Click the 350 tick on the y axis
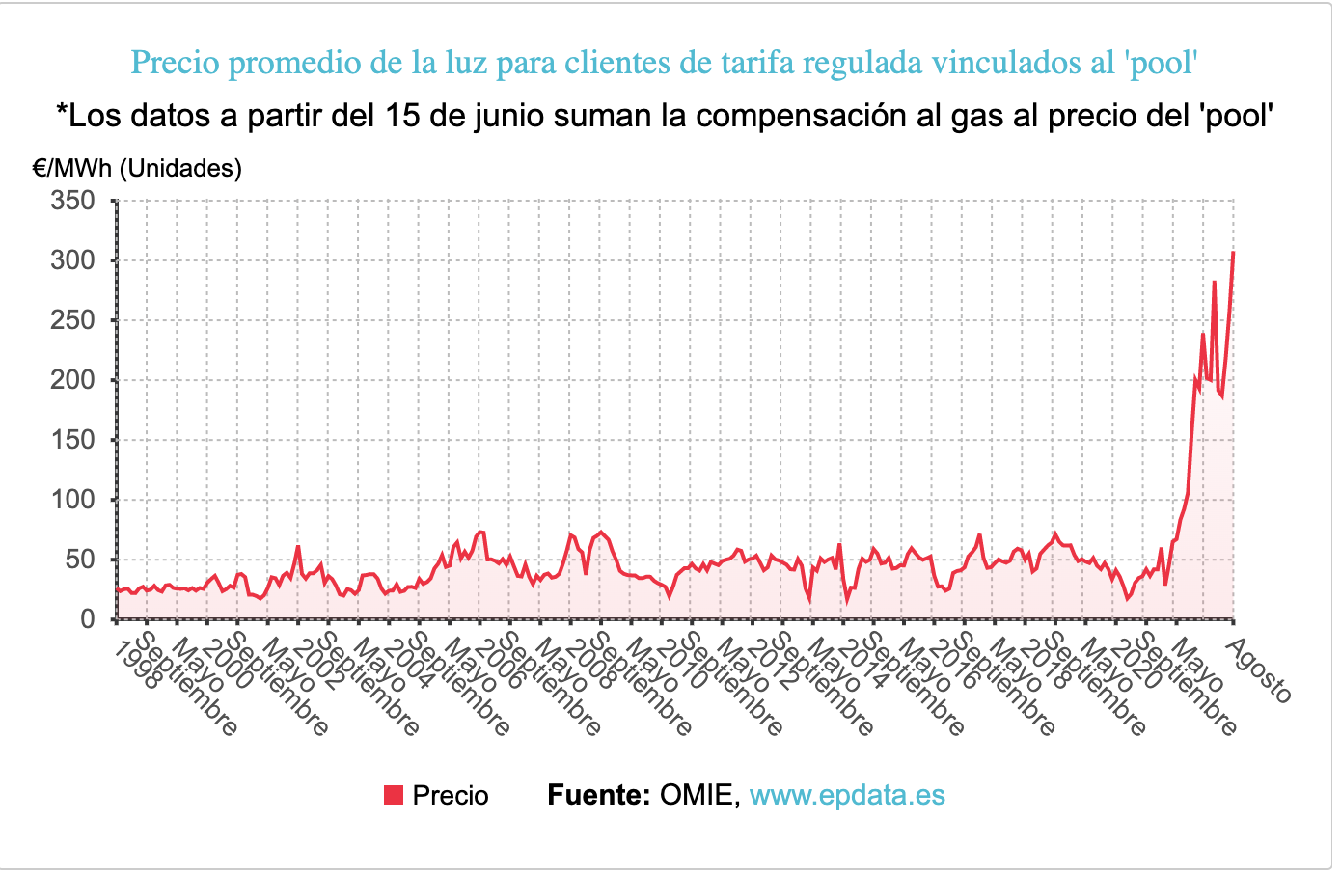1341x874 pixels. (72, 201)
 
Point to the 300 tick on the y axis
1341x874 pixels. (72, 260)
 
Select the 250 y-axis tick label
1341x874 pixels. (72, 320)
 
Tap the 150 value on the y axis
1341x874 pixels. (72, 440)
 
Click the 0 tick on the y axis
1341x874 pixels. (87, 619)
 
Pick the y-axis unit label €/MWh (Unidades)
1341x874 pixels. (137, 168)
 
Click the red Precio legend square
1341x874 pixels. (394, 795)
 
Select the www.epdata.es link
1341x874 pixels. (847, 795)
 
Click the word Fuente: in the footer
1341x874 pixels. (598, 795)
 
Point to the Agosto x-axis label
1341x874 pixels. (1258, 669)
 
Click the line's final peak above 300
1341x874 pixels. (1233, 253)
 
